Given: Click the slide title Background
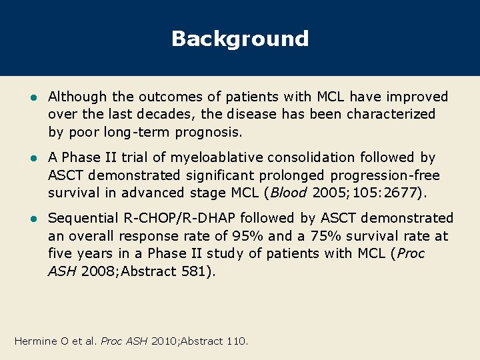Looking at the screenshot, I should (240, 39).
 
